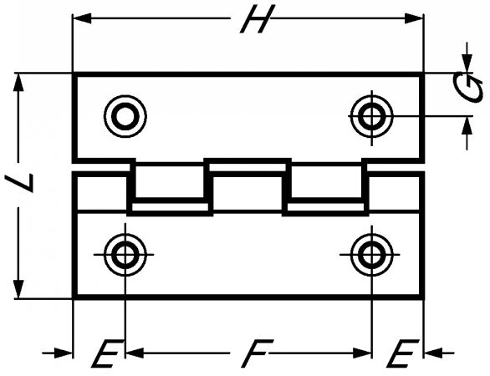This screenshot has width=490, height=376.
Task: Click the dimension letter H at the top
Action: (x=258, y=19)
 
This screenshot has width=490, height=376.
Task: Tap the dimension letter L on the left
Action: (x=19, y=183)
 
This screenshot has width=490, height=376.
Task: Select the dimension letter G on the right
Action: (x=467, y=88)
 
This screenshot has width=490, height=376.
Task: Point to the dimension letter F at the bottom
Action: (x=258, y=353)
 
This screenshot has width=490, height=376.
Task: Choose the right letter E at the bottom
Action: (x=402, y=353)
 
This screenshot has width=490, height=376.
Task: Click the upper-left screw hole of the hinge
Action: (x=125, y=116)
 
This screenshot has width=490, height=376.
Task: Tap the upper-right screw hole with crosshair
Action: (x=371, y=116)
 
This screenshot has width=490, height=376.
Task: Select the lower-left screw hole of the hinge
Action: (x=125, y=255)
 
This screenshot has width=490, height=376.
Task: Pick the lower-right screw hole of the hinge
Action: (x=371, y=255)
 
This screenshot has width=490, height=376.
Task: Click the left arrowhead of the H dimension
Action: (x=82, y=18)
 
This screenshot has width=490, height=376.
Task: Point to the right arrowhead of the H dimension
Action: (x=414, y=18)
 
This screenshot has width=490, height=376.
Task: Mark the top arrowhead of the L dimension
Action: (x=18, y=82)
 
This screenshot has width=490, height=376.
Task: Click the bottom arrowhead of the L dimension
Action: (x=18, y=289)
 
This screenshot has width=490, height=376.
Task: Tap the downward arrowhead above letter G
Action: (x=467, y=64)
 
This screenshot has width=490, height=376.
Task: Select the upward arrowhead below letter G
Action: (x=467, y=125)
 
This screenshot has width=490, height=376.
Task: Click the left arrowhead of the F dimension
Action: (x=135, y=353)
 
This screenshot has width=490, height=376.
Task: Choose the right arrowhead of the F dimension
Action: (x=362, y=353)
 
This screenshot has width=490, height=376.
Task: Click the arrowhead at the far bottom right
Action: (x=433, y=353)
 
